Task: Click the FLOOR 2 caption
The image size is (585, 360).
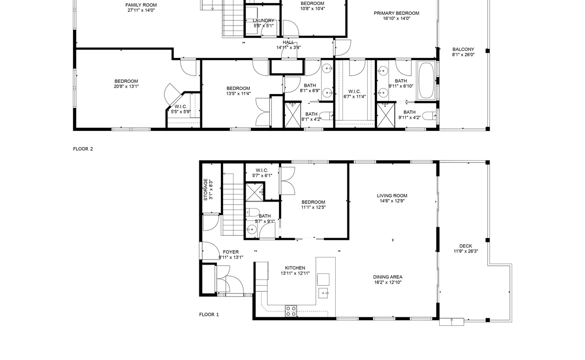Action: click(x=83, y=149)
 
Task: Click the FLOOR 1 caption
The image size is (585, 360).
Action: click(x=209, y=315)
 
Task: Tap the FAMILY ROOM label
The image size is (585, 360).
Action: click(x=141, y=5)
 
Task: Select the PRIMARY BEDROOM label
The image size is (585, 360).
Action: click(x=396, y=13)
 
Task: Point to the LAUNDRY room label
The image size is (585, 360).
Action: click(x=264, y=20)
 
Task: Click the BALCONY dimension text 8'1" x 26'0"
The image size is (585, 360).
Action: click(x=463, y=54)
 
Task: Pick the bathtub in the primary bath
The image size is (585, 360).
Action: click(x=426, y=81)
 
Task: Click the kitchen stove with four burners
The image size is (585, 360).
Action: click(x=291, y=311)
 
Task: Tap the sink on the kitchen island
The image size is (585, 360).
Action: click(x=323, y=293)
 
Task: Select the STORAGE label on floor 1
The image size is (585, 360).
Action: click(x=206, y=189)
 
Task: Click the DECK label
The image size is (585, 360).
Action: click(x=466, y=246)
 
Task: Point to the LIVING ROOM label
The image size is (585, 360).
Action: click(x=392, y=196)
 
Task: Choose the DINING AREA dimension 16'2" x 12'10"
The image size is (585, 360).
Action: click(x=387, y=282)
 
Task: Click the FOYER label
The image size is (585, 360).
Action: click(x=230, y=252)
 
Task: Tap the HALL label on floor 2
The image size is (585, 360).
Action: click(x=288, y=42)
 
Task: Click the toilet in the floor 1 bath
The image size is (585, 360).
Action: click(x=252, y=212)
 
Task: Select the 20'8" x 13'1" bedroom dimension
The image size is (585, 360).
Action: click(x=126, y=86)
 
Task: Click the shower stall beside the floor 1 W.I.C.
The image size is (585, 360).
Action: click(x=255, y=193)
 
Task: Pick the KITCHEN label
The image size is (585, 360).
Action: click(x=295, y=268)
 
